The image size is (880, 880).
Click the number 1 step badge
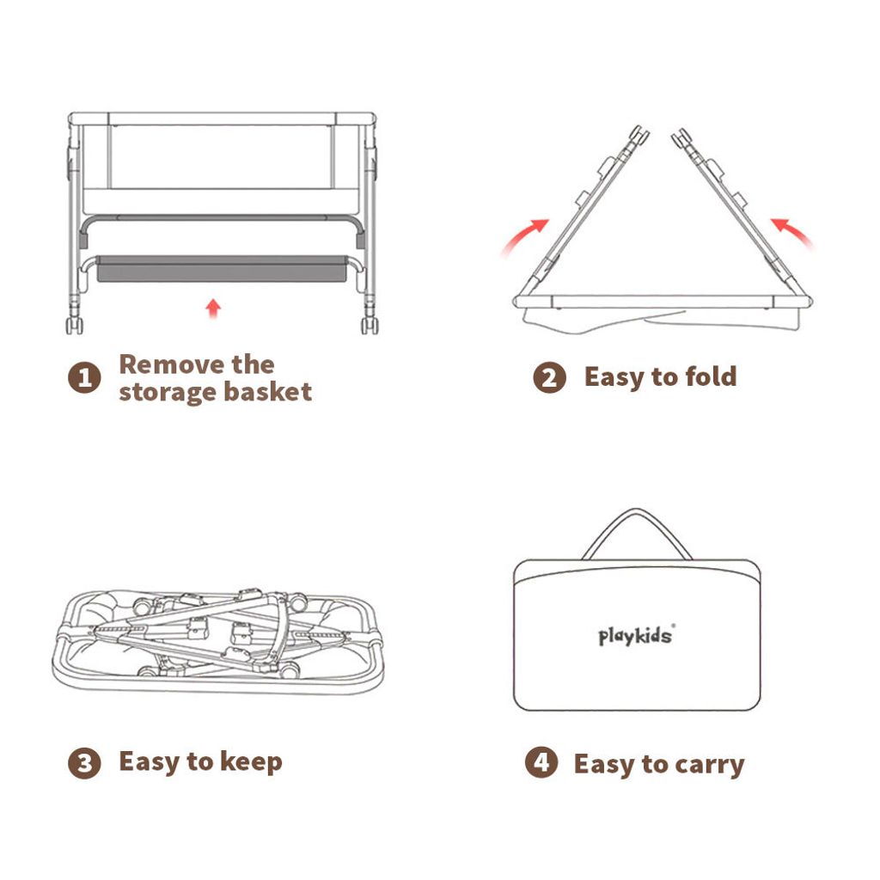84,377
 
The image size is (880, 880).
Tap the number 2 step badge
549,377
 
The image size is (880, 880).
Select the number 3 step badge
84,763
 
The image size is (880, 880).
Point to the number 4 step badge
541,762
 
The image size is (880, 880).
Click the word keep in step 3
251,762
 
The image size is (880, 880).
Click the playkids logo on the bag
637,636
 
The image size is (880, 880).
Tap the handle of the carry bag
637,512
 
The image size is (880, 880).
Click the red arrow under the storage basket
213,309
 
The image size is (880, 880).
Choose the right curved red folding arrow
793,230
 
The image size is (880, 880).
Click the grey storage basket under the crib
222,269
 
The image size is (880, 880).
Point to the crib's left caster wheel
75,326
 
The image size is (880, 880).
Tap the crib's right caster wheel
370,326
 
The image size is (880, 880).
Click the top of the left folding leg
639,133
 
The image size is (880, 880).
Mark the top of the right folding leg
682,137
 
